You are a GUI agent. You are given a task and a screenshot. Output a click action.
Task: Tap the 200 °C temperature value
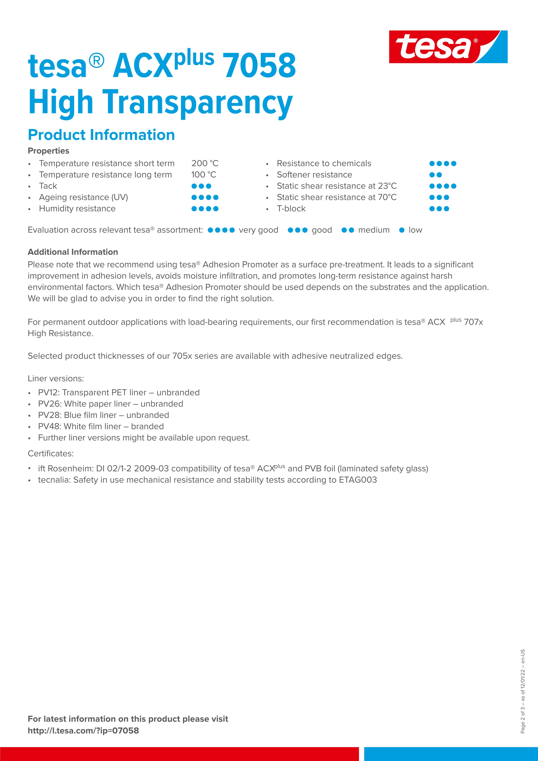[205, 163]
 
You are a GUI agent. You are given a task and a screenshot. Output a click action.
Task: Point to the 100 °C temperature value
[203, 175]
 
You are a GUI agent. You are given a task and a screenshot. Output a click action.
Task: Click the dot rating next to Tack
[201, 186]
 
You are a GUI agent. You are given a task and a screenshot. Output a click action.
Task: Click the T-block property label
[291, 209]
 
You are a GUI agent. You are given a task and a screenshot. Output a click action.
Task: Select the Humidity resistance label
[77, 209]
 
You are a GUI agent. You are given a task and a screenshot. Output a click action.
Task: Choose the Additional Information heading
[73, 252]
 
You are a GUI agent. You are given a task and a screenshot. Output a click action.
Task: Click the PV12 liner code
[49, 393]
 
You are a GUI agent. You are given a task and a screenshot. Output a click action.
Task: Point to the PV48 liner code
[49, 427]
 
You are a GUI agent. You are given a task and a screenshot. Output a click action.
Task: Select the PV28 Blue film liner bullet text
[103, 415]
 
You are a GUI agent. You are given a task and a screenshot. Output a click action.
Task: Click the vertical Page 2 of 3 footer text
[523, 691]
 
